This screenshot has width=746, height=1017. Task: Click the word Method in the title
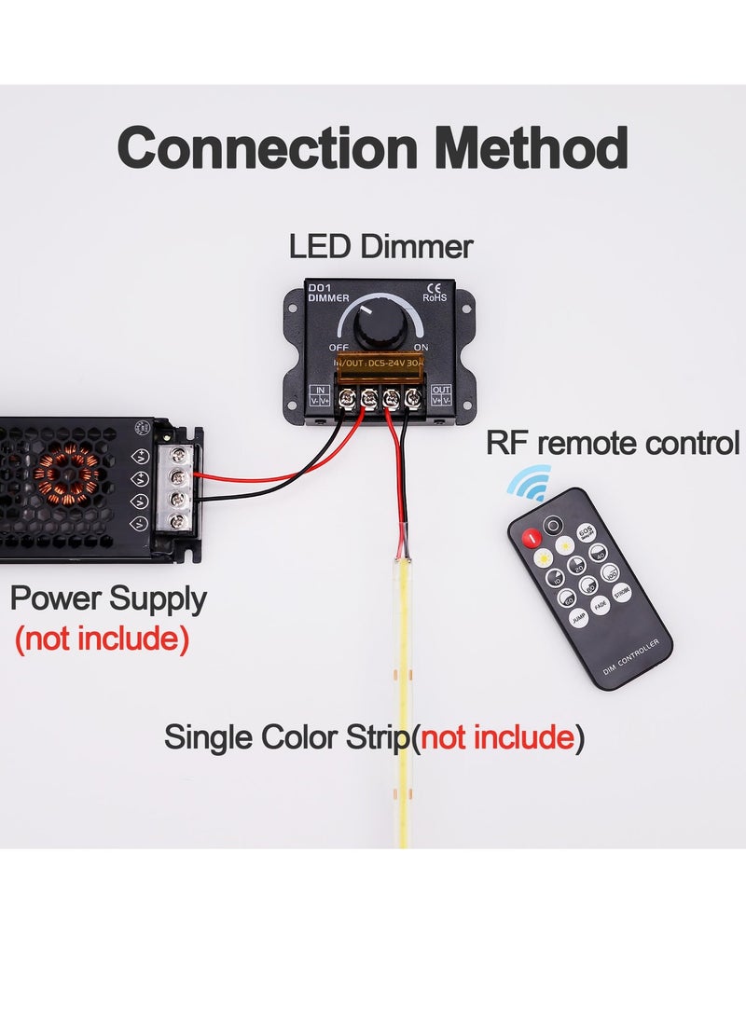point(531,148)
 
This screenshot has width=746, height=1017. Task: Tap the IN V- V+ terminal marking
point(318,394)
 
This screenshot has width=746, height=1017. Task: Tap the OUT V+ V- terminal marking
point(441,394)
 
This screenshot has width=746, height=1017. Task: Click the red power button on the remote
point(531,537)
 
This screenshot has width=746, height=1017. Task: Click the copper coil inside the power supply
point(66,473)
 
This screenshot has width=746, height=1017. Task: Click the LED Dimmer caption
point(380,247)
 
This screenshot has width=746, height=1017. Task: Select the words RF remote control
point(612,444)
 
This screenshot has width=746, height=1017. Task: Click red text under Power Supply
point(102,639)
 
